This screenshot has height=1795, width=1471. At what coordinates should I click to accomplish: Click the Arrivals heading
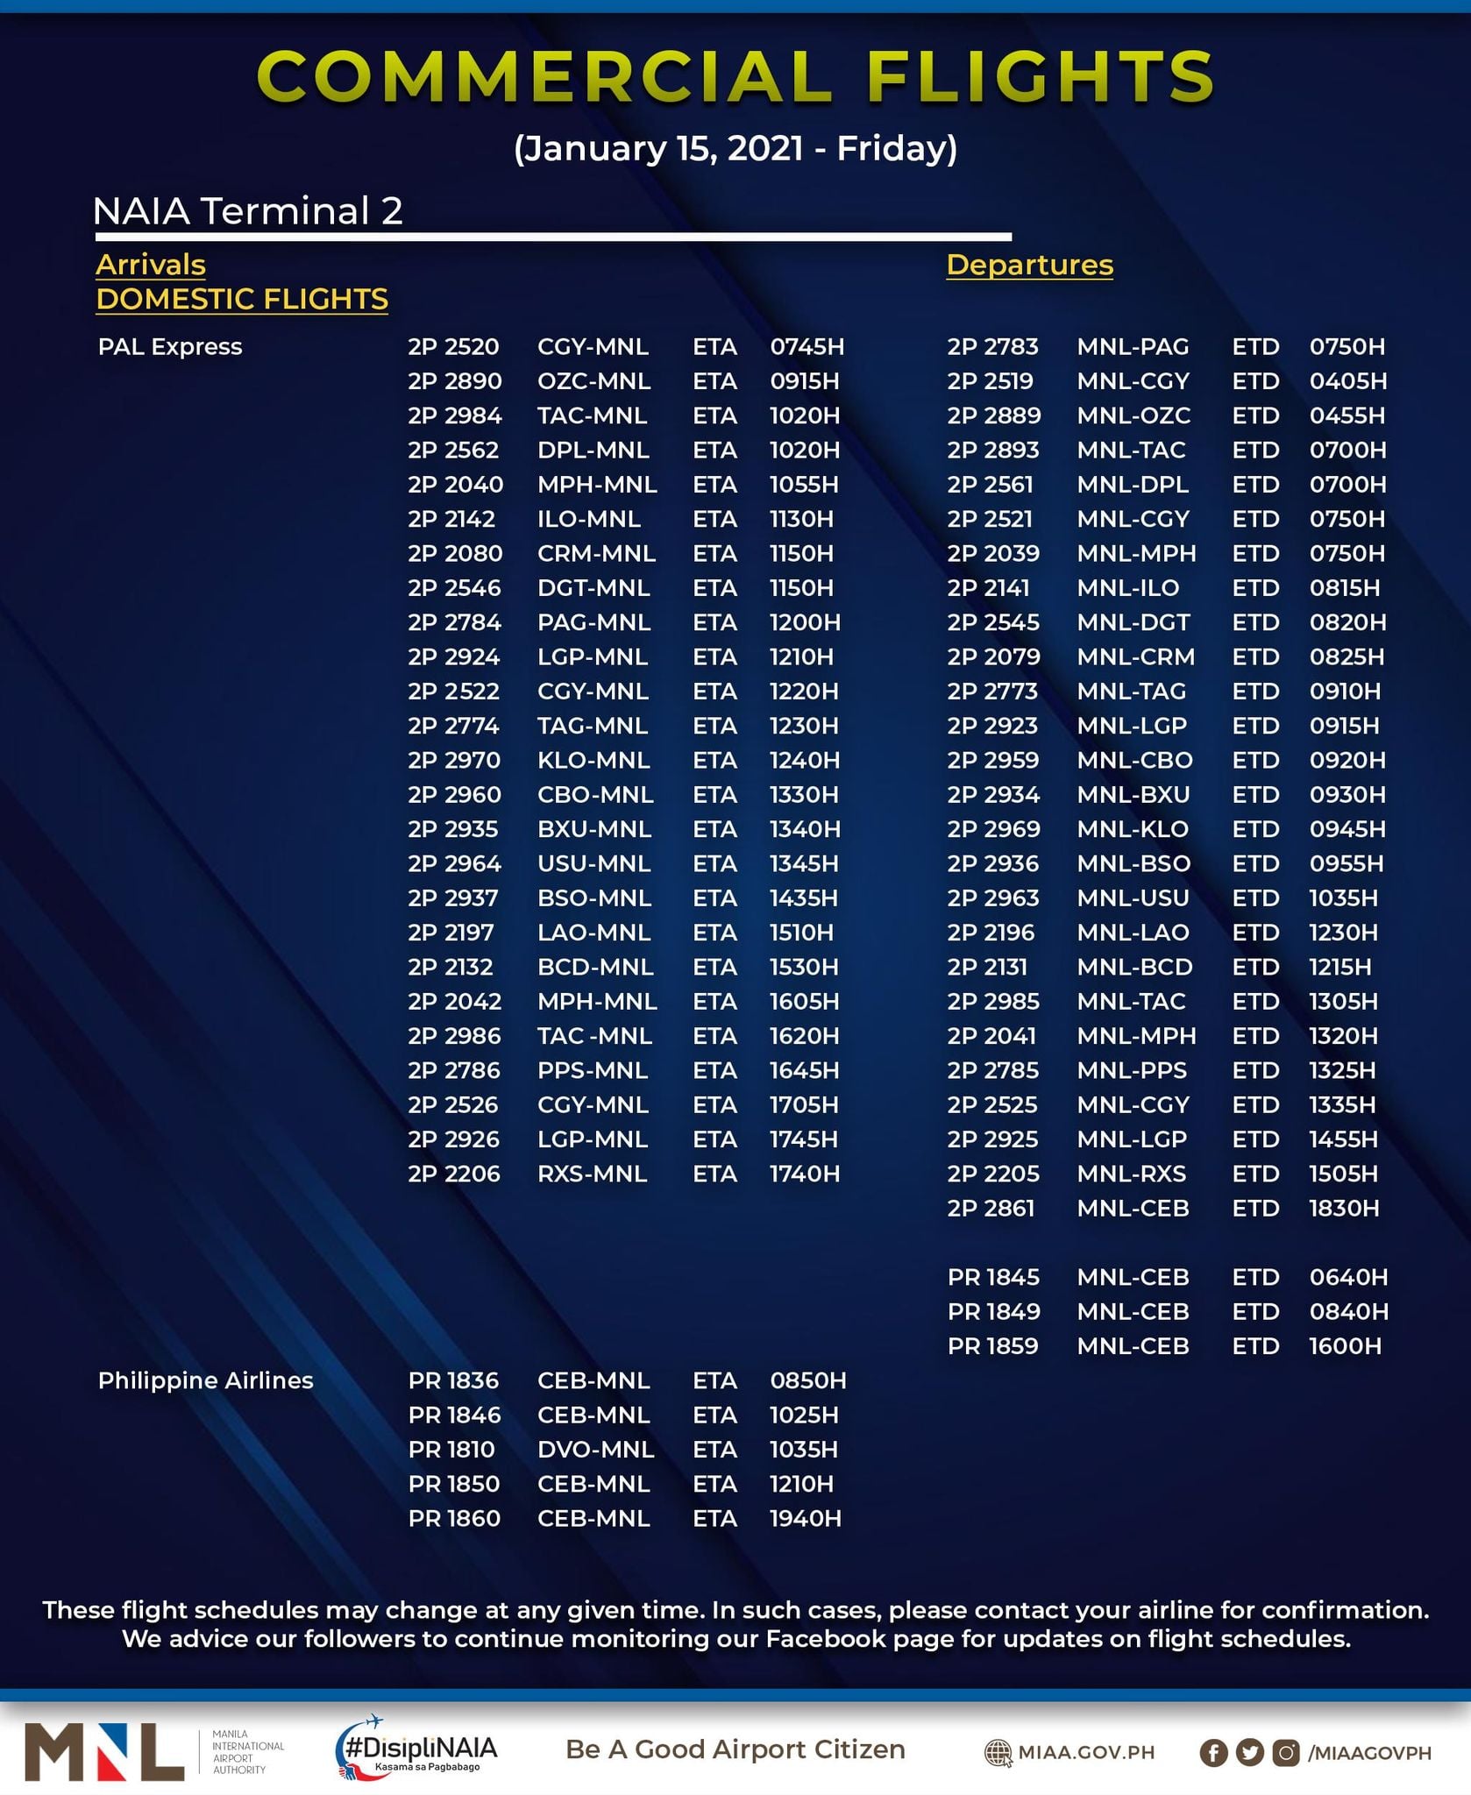click(150, 265)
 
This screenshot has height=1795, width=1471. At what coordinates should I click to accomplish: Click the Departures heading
click(1029, 265)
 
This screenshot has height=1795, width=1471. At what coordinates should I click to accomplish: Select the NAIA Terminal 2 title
click(247, 211)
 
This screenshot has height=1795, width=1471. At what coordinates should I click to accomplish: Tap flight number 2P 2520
click(453, 347)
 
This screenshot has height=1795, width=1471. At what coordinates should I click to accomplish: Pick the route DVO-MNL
click(595, 1450)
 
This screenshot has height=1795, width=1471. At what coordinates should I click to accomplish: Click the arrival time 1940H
click(805, 1519)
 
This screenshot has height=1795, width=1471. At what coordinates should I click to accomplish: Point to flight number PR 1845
click(993, 1277)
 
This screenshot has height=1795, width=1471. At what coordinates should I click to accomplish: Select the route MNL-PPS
click(1132, 1071)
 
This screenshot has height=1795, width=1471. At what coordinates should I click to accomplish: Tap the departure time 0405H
click(1348, 381)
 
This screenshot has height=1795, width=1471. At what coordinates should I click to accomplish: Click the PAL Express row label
click(170, 347)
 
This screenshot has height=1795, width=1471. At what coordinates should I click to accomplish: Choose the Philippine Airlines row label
click(205, 1380)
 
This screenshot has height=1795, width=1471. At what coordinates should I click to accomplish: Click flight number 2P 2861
click(991, 1209)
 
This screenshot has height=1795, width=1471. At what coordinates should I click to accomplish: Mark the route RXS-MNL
click(592, 1174)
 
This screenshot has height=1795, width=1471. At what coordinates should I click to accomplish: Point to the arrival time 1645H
click(804, 1071)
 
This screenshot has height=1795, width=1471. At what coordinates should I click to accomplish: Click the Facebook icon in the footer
click(1213, 1753)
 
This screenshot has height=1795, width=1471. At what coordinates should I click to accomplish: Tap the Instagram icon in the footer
click(1286, 1753)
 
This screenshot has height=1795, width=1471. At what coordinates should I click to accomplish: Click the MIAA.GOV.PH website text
click(1085, 1753)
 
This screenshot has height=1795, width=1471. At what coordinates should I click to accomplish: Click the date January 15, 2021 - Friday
click(735, 148)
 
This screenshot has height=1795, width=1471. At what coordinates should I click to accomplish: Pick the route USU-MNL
click(593, 864)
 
